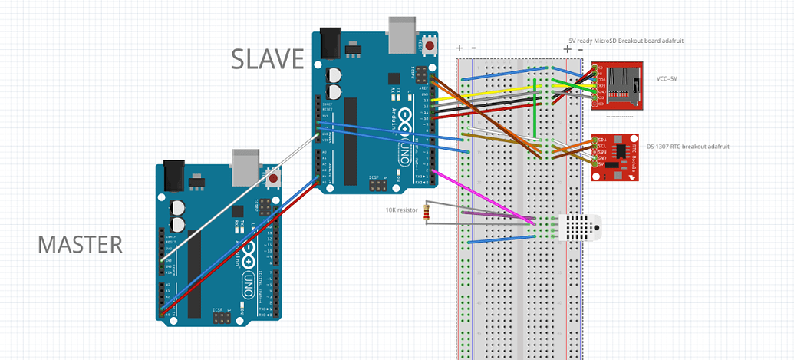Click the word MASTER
[80, 245]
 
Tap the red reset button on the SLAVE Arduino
[430, 47]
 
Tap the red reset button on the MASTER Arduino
[273, 179]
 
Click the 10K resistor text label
[402, 210]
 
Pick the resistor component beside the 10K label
[427, 213]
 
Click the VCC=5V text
[671, 79]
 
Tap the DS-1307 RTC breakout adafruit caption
[687, 147]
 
